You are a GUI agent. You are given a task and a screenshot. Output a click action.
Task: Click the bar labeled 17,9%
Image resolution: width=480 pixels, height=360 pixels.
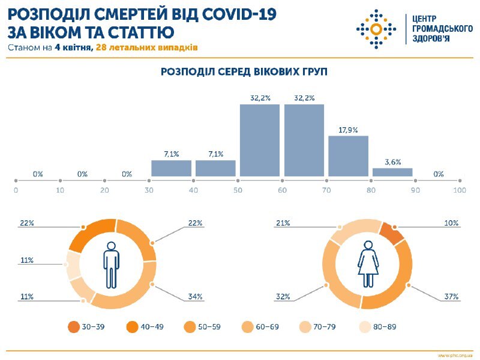348,156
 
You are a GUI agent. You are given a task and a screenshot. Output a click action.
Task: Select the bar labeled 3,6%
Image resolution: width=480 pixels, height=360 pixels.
392,172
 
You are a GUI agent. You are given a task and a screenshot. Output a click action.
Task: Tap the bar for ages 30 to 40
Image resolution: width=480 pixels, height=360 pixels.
171,169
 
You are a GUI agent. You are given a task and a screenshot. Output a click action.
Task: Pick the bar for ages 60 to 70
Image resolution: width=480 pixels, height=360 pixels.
304,140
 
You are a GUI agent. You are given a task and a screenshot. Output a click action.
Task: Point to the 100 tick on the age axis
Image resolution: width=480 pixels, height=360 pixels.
460,190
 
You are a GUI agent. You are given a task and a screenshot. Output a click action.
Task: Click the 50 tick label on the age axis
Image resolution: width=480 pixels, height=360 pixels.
238,190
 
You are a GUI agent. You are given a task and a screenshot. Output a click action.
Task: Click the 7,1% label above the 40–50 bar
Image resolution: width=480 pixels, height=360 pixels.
215,154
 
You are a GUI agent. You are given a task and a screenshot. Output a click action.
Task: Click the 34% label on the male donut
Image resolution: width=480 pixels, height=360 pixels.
196,297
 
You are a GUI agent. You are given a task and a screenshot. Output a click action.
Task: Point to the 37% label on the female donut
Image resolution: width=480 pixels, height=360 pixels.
451,297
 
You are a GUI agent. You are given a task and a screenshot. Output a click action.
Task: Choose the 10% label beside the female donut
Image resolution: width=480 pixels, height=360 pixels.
451,223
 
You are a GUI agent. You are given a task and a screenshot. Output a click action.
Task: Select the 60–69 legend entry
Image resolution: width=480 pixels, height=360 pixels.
263,327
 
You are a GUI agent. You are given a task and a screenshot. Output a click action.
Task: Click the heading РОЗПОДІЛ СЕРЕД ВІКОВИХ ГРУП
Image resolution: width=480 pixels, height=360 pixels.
239,71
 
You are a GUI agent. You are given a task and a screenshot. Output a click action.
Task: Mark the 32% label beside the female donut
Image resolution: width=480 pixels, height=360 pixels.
283,297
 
